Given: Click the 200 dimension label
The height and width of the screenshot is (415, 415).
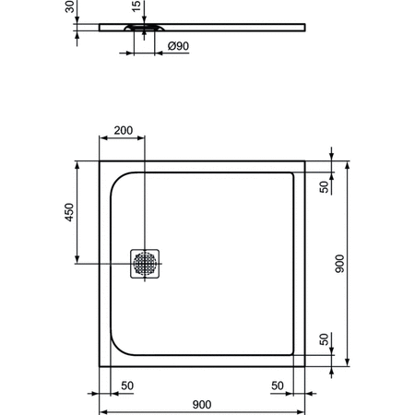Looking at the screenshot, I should (x=123, y=131).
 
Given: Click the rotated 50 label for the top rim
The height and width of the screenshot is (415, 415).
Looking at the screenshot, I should (x=325, y=188).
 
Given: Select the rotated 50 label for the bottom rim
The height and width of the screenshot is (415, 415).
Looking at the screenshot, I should (x=325, y=339).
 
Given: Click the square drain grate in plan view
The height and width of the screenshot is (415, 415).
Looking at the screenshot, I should (x=146, y=263).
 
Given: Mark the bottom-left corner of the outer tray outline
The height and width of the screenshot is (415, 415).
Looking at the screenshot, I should (x=100, y=366).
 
